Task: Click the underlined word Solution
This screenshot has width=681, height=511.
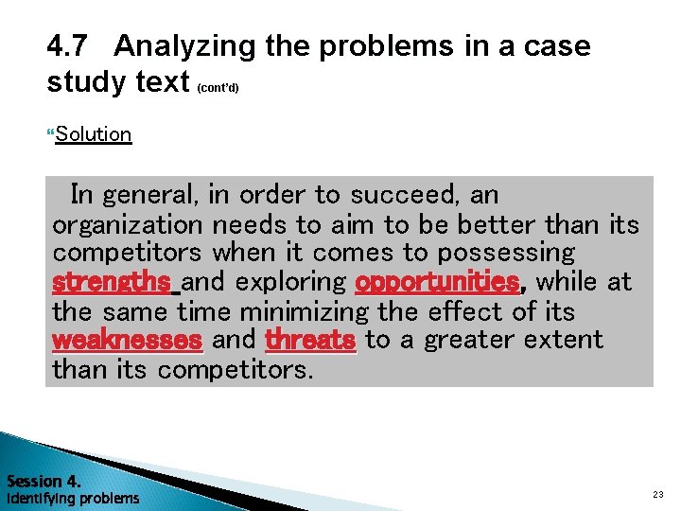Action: [x=93, y=133]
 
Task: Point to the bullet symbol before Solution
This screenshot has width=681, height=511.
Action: [x=50, y=133]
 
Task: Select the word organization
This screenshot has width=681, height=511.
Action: [x=128, y=224]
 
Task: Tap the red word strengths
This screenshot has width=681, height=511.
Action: [x=111, y=282]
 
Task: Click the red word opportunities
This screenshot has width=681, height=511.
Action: [x=437, y=282]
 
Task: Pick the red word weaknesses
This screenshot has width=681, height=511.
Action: [x=127, y=340]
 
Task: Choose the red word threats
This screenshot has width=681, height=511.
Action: [x=310, y=340]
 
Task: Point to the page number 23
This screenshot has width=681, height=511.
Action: [x=658, y=495]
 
